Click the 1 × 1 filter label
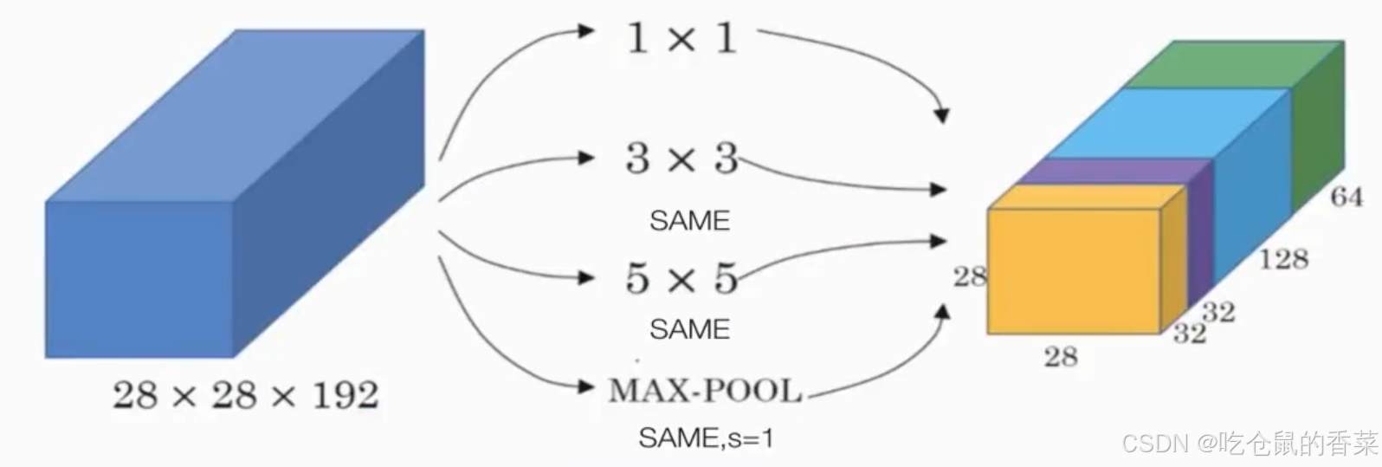681,38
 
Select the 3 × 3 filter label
681,159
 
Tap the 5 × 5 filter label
681,278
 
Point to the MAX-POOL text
705,391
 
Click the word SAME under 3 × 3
689,221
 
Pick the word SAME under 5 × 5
689,329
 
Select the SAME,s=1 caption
706,438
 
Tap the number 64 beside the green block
1346,198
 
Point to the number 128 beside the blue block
1282,258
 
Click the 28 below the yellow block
1061,356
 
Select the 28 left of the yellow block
970,276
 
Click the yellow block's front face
1074,271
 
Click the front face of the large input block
139,279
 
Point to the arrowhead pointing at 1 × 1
588,31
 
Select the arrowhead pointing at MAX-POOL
588,386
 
